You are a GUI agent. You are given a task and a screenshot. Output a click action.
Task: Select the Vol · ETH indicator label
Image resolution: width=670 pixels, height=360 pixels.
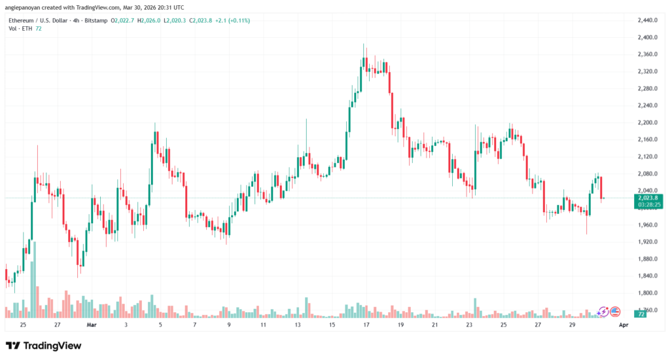tap(20, 29)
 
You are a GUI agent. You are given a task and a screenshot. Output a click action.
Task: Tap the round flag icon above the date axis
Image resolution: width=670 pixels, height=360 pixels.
tap(615, 312)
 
